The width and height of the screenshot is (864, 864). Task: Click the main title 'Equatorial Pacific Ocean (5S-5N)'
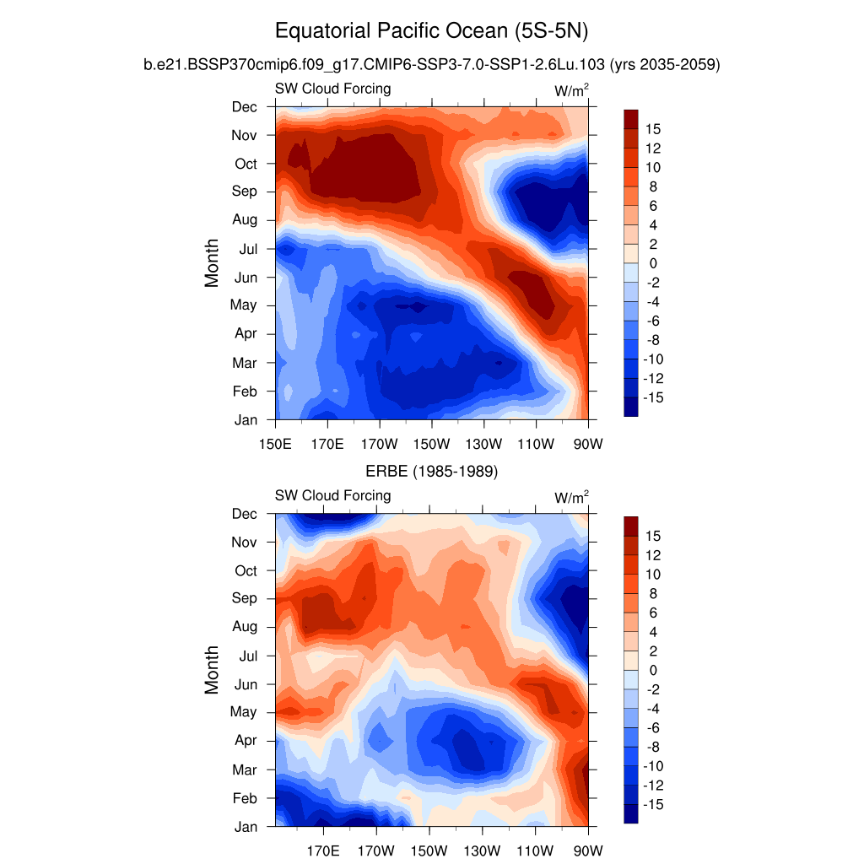[x=431, y=32]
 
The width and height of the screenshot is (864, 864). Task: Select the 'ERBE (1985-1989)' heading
[x=431, y=472]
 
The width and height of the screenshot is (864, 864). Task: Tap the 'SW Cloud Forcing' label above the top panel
[x=332, y=89]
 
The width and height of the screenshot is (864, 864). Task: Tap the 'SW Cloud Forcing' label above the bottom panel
[x=332, y=495]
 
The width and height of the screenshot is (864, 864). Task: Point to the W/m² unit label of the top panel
[x=571, y=89]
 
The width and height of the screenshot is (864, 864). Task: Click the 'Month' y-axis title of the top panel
[x=212, y=262]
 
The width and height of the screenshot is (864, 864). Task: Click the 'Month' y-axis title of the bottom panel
[x=212, y=670]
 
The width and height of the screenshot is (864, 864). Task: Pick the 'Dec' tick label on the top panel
[x=245, y=106]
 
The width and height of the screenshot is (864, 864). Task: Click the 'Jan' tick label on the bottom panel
[x=246, y=827]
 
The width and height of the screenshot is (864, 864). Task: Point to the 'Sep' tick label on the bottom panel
[x=246, y=598]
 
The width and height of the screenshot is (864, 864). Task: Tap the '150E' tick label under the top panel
[x=276, y=443]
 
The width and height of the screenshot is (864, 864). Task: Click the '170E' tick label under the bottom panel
[x=327, y=850]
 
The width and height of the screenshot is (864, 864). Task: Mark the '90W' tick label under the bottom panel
[x=588, y=850]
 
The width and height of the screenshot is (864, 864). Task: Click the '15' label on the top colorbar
[x=653, y=129]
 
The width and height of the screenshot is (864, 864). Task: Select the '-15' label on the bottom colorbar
[x=651, y=805]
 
